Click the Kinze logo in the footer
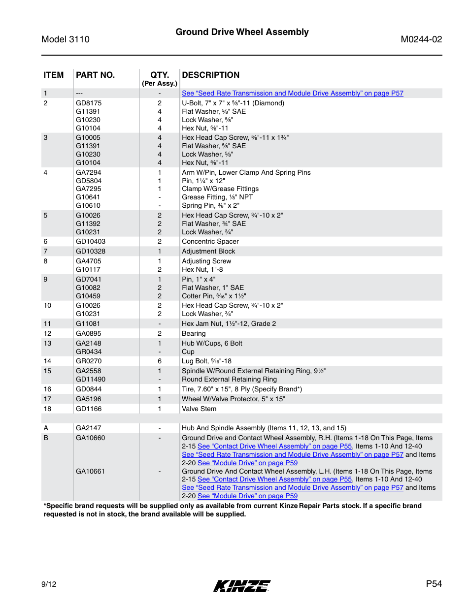click(241, 585)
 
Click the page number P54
click(434, 584)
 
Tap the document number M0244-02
click(421, 39)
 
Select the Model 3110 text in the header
click(66, 39)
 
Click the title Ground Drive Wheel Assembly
click(242, 32)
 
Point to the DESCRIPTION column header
click(211, 75)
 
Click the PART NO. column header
click(95, 75)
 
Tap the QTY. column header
click(160, 75)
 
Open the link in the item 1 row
click(292, 93)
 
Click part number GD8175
click(89, 103)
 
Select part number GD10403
click(91, 241)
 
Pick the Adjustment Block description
click(208, 251)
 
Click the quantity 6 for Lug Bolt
click(160, 361)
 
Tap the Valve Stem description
click(199, 409)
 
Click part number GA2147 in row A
click(89, 428)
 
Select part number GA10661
click(90, 471)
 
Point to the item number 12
click(47, 333)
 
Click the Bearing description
click(194, 333)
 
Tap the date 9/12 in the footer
click(49, 584)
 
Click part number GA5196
click(89, 399)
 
